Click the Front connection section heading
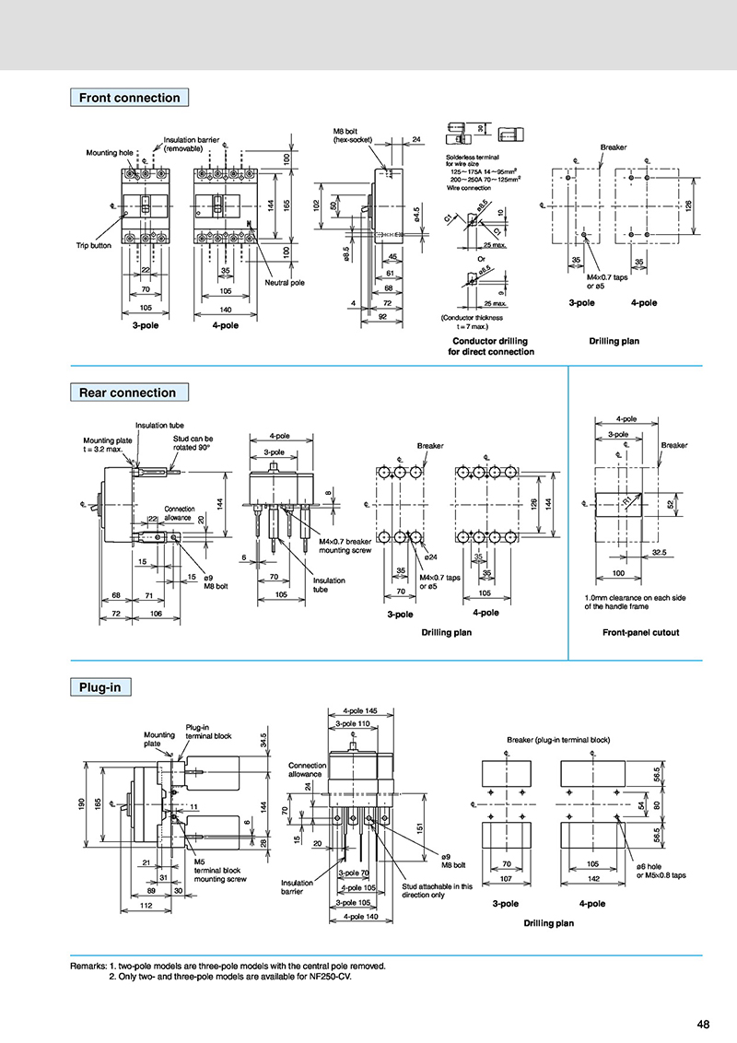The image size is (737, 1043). click(x=129, y=98)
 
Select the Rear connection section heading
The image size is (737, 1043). click(x=127, y=393)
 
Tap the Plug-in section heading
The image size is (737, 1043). click(x=101, y=686)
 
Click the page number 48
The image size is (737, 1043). click(x=703, y=1024)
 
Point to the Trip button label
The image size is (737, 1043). click(x=93, y=246)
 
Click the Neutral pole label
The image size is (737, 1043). click(x=285, y=283)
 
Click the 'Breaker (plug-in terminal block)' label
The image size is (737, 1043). click(x=558, y=740)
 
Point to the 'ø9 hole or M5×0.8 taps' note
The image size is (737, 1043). click(x=661, y=871)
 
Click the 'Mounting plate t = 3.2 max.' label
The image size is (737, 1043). click(x=107, y=445)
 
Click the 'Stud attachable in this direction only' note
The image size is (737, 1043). click(x=437, y=891)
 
